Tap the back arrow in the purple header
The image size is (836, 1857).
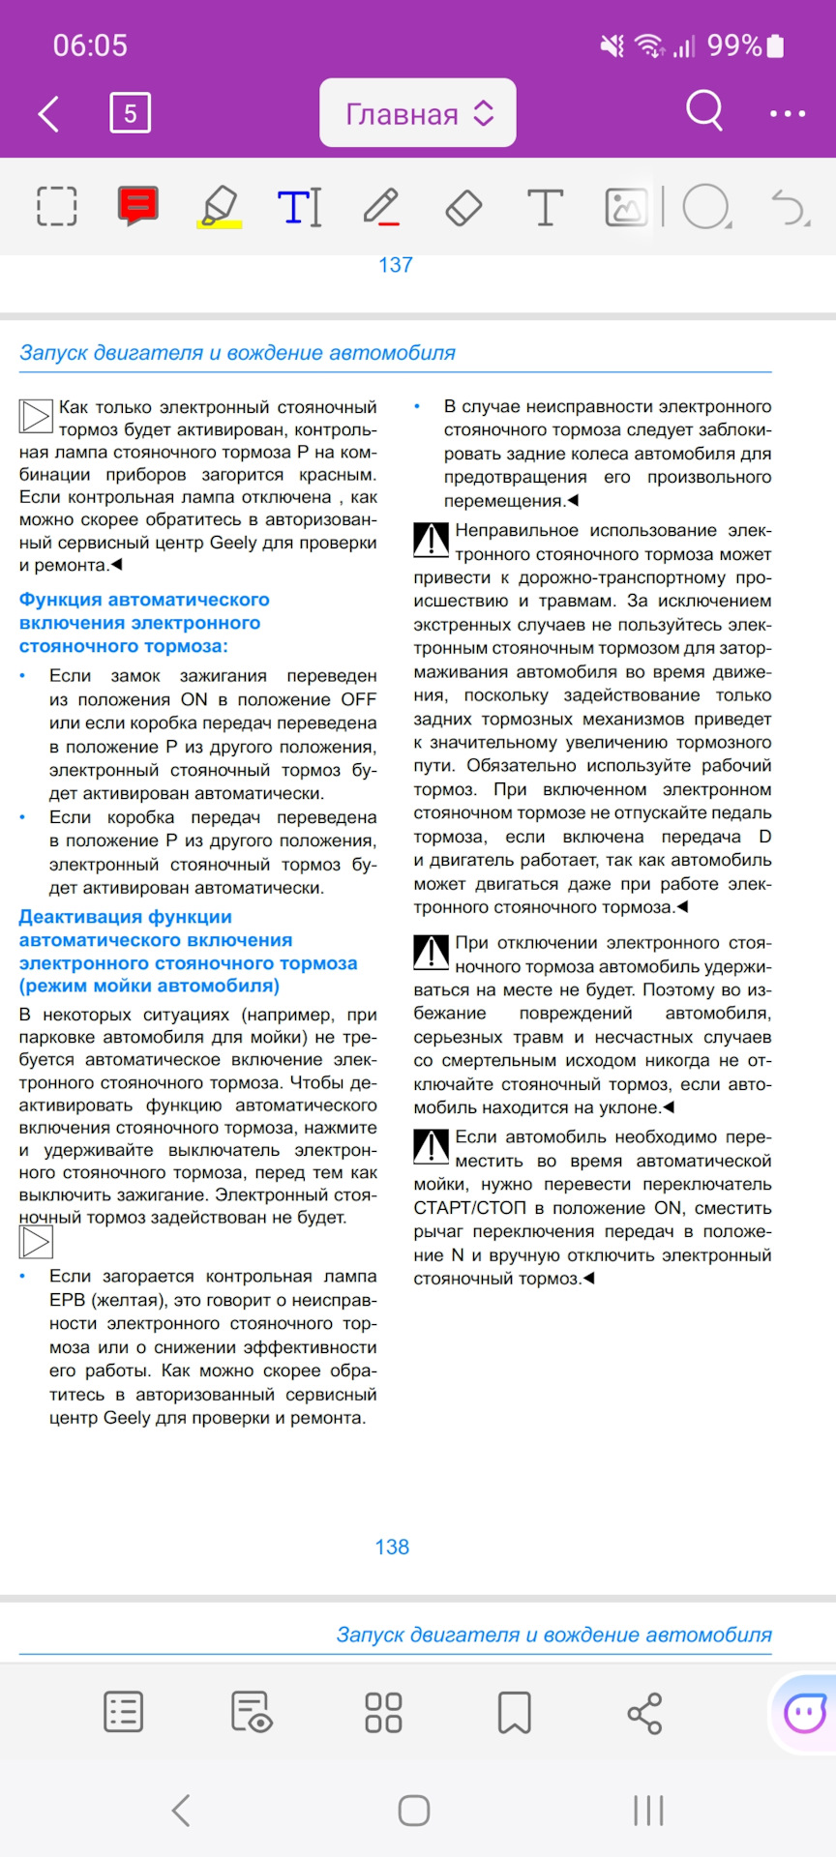48,114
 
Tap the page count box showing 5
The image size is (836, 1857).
130,114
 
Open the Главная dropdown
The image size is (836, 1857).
418,114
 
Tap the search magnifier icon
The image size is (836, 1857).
704,111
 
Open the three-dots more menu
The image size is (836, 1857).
787,114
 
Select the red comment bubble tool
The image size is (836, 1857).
138,206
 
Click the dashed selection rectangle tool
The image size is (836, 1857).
56,206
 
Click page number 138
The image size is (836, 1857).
392,1547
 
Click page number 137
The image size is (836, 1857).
395,265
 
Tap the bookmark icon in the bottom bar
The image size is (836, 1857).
514,1712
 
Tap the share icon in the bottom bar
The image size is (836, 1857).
644,1713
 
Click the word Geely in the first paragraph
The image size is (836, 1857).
233,543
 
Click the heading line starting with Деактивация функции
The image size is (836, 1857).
126,917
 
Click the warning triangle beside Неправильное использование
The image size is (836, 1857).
431,540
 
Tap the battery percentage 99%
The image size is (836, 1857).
734,45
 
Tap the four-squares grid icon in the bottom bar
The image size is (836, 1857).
383,1712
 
